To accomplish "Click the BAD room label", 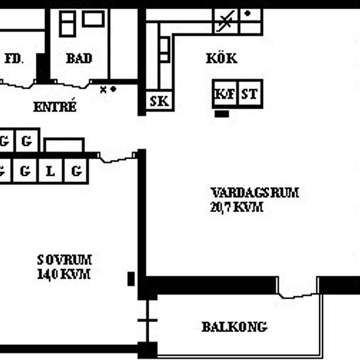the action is pos(79,58).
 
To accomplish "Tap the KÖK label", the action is pos(221,58).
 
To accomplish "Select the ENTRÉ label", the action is pos(54,106).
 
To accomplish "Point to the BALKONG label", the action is pos(234,327).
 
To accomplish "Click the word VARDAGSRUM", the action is pos(255,192).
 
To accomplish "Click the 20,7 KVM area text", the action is pos(236,207).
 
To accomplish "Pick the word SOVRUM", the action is pos(65,260).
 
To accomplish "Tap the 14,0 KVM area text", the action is pos(63,274).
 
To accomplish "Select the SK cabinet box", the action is pos(160,101).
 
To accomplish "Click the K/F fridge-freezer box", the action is pos(225,94).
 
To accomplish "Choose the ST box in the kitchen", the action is pos(250,94).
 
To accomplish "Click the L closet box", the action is pos(50,171).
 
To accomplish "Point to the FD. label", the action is pos(14,59).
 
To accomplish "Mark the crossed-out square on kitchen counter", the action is pos(226,22).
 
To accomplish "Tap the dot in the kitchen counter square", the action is pos(247,13).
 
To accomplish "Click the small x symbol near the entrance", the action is pos(103,90).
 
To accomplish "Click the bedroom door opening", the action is pos(117,157).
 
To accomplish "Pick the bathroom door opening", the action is pos(73,84).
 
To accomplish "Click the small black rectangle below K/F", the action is pos(222,114).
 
